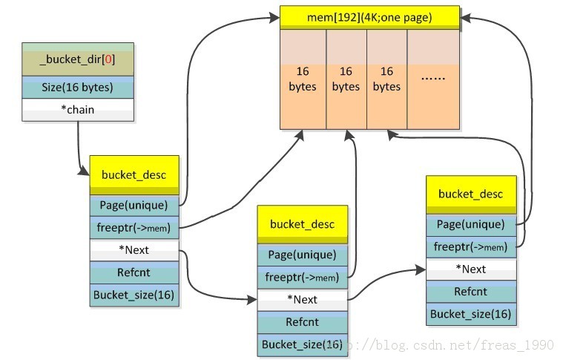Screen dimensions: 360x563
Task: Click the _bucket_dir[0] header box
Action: coord(78,59)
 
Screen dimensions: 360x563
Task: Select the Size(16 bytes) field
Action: coord(78,87)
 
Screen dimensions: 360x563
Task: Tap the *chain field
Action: coord(78,110)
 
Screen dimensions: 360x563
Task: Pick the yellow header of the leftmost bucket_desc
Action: coord(134,175)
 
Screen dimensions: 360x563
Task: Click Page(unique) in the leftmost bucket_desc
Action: coord(134,205)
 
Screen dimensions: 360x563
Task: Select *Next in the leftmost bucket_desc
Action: coord(134,250)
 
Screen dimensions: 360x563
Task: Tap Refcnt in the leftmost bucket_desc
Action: coord(134,272)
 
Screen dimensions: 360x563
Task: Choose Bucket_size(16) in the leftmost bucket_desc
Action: coord(134,295)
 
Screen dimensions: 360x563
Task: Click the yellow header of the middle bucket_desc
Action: coord(302,224)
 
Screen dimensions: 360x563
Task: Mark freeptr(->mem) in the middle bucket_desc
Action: coord(302,278)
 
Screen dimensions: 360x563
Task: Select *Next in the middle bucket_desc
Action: coord(302,299)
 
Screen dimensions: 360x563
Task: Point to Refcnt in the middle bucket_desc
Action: coord(302,322)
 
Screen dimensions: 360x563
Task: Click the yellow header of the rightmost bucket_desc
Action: coord(471,194)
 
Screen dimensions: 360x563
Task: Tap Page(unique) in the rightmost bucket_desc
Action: coord(471,224)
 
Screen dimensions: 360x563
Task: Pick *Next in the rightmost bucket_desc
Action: coord(471,269)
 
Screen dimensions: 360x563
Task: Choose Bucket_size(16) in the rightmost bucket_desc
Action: coord(471,314)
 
